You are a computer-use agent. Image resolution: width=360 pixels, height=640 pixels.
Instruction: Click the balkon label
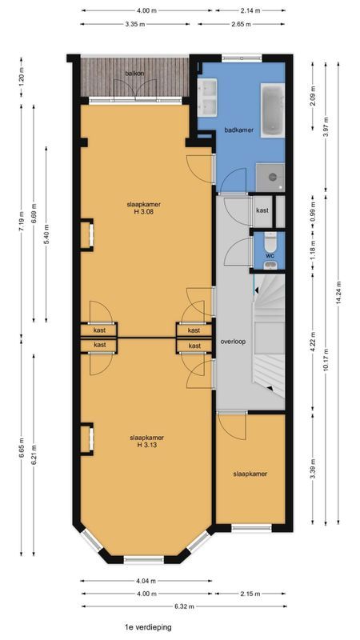click(134, 74)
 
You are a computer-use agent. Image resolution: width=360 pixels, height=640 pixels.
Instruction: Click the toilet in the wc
click(271, 241)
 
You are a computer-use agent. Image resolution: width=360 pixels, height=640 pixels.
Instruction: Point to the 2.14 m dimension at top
click(250, 10)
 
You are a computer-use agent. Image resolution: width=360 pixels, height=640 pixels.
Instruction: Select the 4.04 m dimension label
click(146, 582)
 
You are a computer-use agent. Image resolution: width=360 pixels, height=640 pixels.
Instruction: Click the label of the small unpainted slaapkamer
click(250, 474)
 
